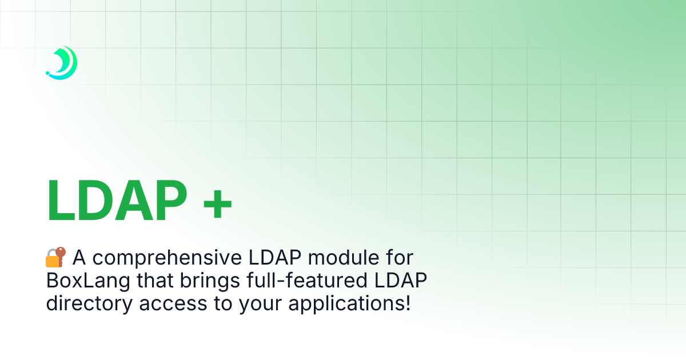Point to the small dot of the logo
(x=48, y=74)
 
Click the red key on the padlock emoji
(x=62, y=254)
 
